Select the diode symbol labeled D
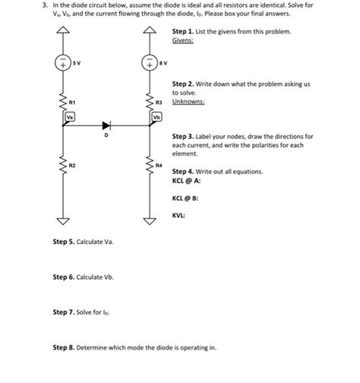[107, 126]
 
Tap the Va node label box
[70, 117]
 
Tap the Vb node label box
[156, 117]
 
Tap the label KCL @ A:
[187, 181]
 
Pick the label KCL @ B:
[187, 199]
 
